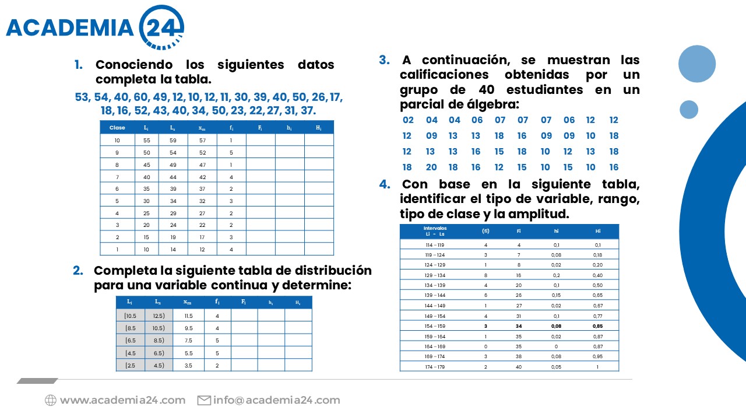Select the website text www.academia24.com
pos(122,400)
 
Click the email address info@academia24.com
pos(276,400)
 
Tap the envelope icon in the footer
pos(204,400)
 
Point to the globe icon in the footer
pos(51,400)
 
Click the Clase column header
pos(117,127)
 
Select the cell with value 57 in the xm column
pos(202,141)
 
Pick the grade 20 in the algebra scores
pos(431,167)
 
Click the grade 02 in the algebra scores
pos(409,120)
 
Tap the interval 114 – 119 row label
pos(435,245)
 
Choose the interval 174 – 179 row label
pos(435,367)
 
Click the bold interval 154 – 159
pos(435,326)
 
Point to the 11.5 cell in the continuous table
pos(188,316)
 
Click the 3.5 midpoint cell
pos(188,365)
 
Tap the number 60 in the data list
pos(141,97)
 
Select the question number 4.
pos(385,184)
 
